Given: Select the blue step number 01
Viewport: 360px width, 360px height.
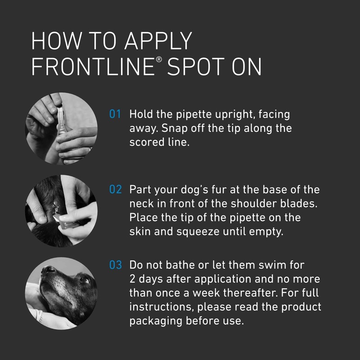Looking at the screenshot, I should pos(116,115).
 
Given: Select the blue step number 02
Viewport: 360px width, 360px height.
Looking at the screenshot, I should pos(116,189).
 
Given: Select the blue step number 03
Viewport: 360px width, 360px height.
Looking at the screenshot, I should pos(116,265).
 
